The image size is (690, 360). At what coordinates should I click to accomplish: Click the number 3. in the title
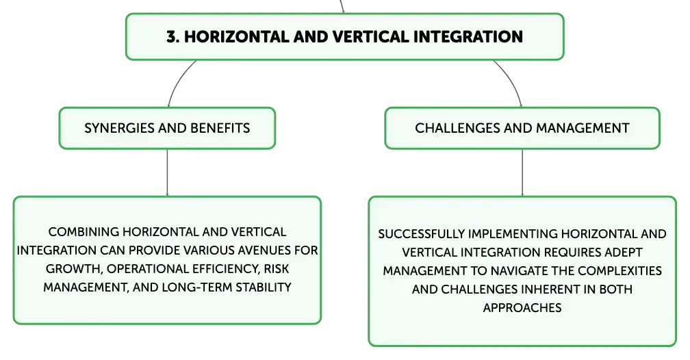tap(172, 37)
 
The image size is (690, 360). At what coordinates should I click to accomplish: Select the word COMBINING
tap(84, 232)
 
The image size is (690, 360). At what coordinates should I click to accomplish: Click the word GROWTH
tap(74, 270)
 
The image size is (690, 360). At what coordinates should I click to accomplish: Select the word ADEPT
tap(624, 252)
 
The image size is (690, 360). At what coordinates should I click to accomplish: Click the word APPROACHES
tap(522, 307)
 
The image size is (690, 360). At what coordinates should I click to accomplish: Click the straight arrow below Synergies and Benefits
tap(167, 172)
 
